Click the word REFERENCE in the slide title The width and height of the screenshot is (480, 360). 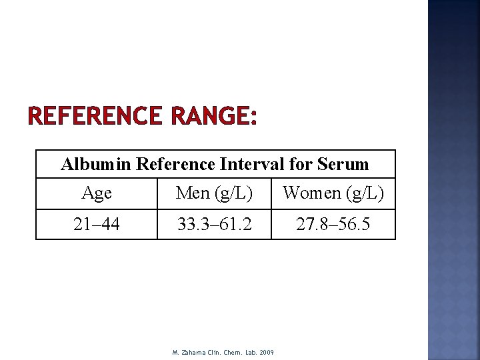95,117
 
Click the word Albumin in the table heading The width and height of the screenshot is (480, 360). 95,164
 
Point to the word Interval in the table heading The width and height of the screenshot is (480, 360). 250,164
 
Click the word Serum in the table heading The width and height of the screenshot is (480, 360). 343,164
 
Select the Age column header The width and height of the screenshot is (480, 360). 97,193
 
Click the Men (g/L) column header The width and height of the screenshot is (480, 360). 214,193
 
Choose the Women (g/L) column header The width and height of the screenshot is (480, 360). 333,193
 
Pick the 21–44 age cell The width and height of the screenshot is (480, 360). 97,225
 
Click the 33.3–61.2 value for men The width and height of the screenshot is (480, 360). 214,225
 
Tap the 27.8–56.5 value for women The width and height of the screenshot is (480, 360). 333,225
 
